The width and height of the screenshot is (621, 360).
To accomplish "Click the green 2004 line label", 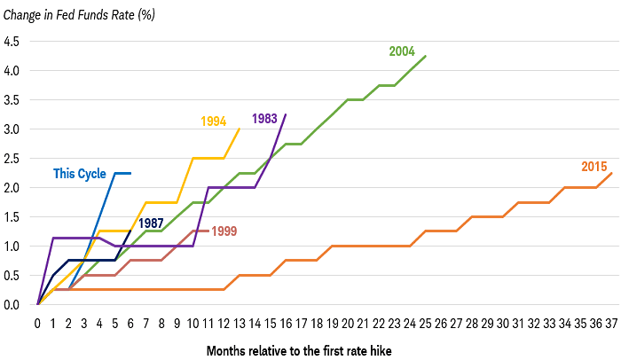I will coord(402,51).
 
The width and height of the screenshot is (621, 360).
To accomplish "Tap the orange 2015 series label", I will coord(594,166).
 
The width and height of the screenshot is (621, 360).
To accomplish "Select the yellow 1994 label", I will coord(213,121).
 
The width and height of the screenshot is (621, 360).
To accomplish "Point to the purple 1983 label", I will coord(265,118).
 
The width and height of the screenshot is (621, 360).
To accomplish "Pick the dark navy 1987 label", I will coord(151,223).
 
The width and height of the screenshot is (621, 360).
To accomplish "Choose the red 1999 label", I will coord(224,231).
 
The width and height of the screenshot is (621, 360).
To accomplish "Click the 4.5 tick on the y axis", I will coord(12,42).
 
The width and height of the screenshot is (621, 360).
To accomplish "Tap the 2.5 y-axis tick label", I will coord(12,159).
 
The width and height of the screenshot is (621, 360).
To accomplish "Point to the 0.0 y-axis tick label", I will coord(12,305).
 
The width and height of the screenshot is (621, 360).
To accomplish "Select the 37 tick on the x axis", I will coord(611,323).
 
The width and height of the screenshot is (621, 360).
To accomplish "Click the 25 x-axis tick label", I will coord(425,323).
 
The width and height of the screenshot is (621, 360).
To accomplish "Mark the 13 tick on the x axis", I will coord(239,323).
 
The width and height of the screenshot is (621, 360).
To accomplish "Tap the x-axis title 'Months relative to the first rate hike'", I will coord(298,350).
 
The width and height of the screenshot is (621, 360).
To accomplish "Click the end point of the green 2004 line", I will coord(425,56).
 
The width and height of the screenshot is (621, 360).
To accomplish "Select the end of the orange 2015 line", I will coord(611,173).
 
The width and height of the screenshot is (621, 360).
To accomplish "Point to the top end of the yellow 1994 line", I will coord(239,129).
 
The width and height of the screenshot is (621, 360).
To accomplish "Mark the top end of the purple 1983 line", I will coord(285,114).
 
